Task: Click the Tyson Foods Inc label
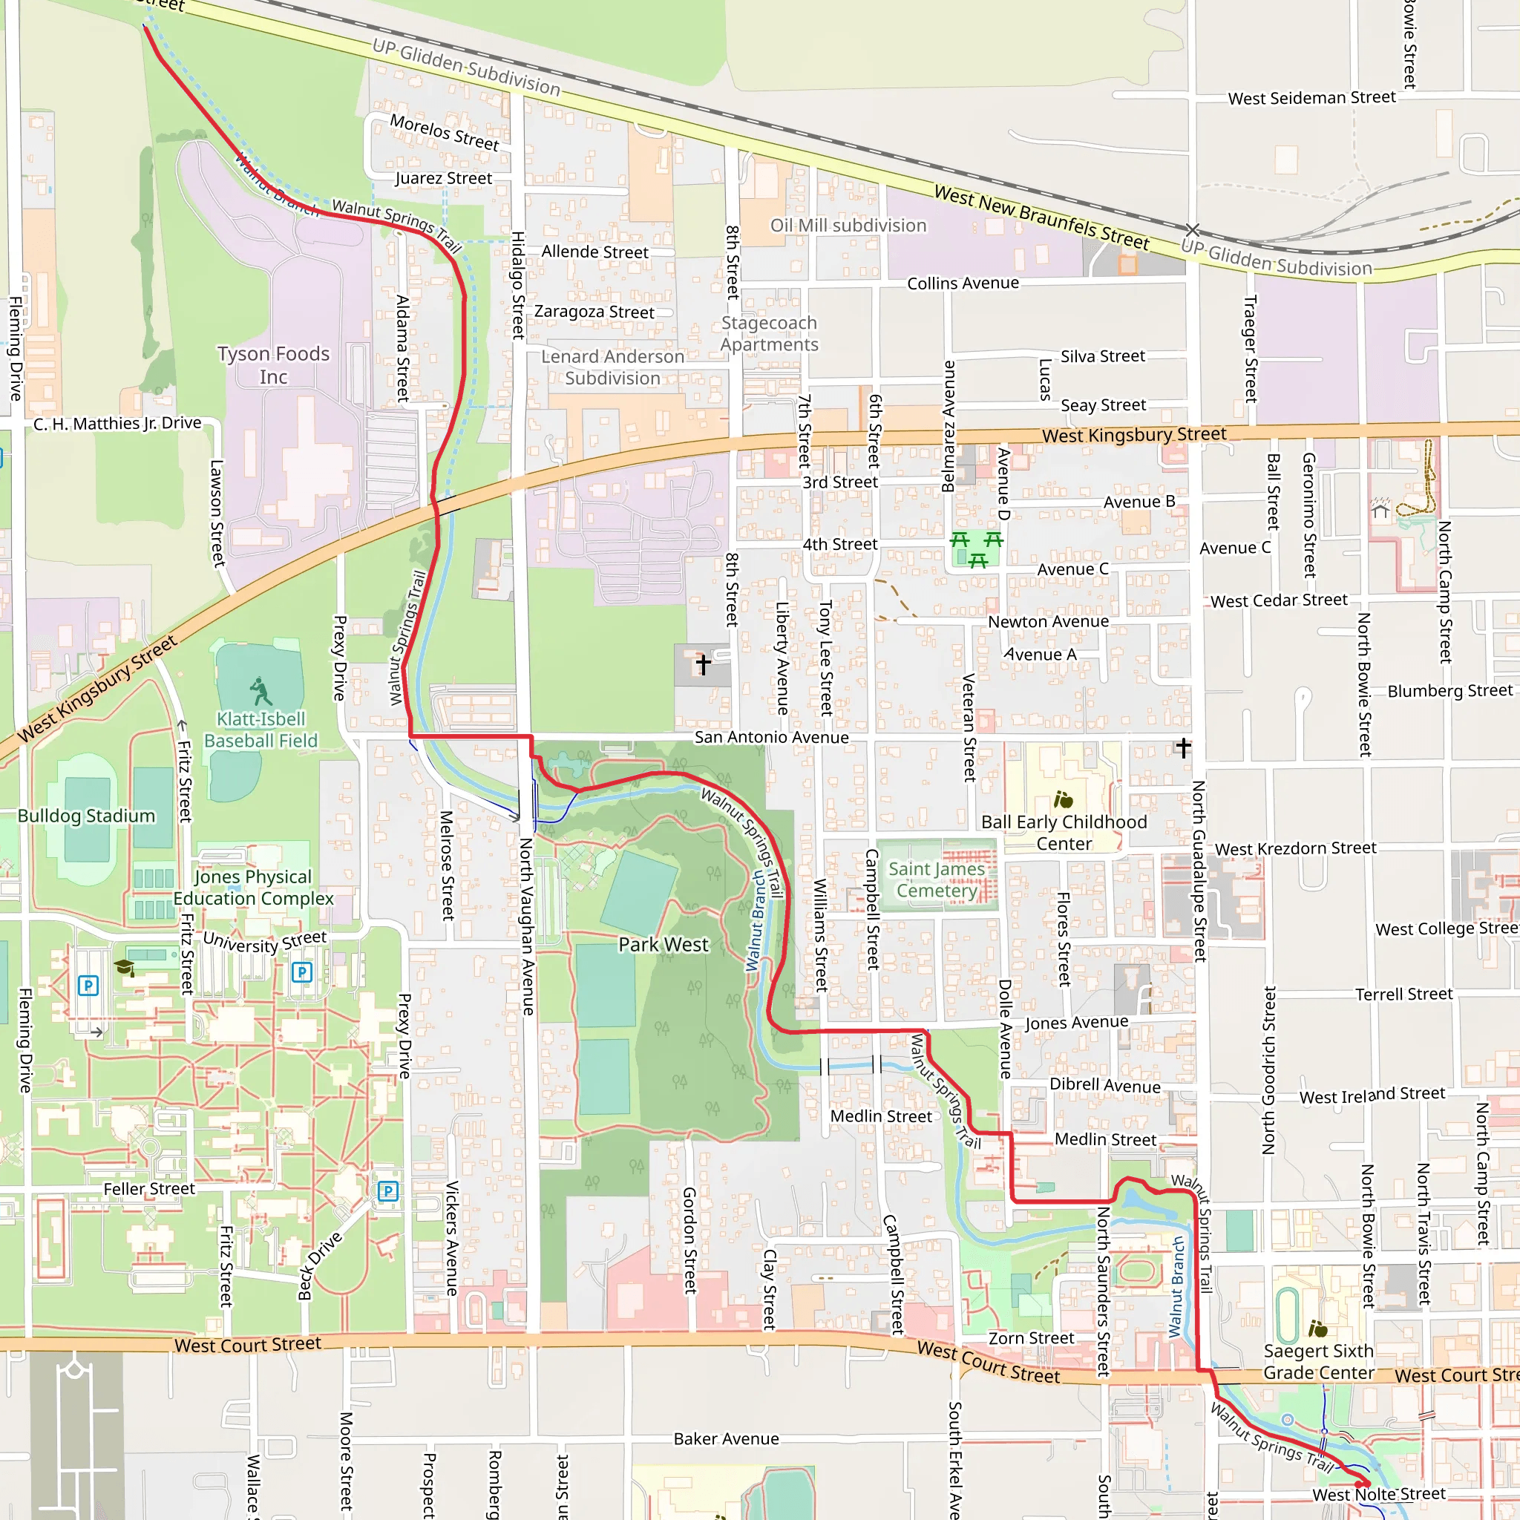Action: click(273, 365)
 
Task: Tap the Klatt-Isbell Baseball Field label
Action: click(261, 730)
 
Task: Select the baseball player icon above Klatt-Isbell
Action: click(260, 692)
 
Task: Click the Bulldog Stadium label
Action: click(87, 816)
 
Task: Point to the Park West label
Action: click(663, 944)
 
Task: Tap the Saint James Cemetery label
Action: click(936, 879)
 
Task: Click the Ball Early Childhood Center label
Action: click(1064, 833)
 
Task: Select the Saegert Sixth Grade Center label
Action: click(1318, 1362)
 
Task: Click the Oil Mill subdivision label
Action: click(848, 226)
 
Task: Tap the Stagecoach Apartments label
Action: click(769, 333)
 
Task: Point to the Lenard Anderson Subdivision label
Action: click(612, 367)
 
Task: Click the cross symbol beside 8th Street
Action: click(704, 664)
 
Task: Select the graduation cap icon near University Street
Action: click(123, 967)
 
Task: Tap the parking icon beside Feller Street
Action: click(387, 1191)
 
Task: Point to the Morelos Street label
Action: click(445, 132)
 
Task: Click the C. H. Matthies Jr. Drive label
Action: click(117, 423)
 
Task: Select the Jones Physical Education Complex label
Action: click(253, 888)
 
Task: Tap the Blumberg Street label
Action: click(1449, 691)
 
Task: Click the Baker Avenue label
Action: click(725, 1439)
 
